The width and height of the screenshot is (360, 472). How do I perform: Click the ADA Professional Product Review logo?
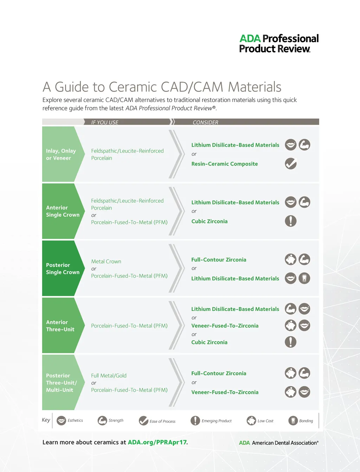279,44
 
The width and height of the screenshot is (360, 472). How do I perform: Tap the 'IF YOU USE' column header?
105,122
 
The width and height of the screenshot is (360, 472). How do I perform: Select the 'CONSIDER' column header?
205,122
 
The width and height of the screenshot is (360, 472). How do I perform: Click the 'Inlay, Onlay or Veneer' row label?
61,154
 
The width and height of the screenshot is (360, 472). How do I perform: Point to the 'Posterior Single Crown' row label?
63,269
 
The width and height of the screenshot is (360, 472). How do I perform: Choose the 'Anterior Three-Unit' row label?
60,326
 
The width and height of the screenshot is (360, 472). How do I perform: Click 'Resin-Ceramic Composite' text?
224,164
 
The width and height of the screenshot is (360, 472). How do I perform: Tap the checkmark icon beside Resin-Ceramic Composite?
291,164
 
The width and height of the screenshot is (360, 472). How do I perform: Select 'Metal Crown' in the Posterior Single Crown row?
106,262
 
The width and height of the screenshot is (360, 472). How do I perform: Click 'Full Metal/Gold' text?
109,376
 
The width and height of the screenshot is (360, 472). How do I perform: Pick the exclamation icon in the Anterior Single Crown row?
291,221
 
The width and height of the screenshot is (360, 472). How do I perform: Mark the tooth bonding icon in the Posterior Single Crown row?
304,278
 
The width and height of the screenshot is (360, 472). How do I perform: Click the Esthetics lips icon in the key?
62,421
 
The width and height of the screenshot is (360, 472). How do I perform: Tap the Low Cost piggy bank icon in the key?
251,421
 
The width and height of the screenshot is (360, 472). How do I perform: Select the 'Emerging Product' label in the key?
217,421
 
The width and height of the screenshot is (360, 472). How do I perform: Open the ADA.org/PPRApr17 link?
157,442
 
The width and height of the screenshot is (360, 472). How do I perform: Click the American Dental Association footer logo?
279,443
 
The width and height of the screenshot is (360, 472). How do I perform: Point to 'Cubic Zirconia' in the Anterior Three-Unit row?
209,342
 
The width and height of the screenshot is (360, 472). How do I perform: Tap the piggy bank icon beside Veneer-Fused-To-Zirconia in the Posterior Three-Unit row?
291,392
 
